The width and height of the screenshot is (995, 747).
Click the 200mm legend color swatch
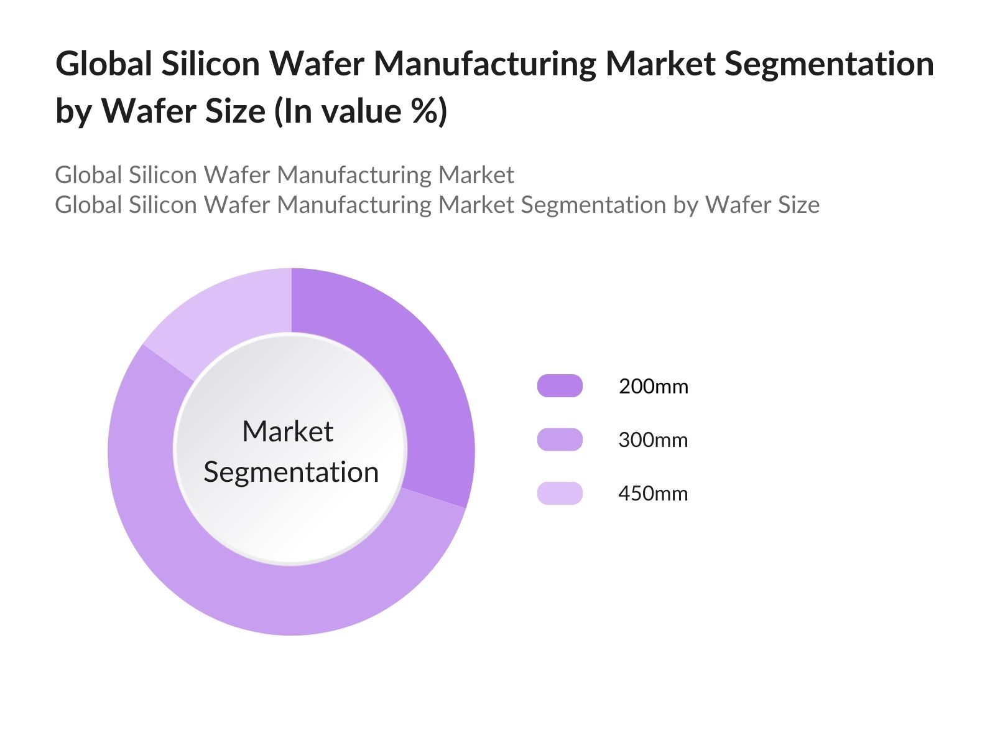(x=560, y=386)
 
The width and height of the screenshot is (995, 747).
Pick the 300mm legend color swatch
(x=560, y=439)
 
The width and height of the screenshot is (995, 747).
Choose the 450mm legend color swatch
(x=560, y=493)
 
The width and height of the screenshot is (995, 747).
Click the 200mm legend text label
(x=653, y=387)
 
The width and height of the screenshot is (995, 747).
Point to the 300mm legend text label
(x=653, y=440)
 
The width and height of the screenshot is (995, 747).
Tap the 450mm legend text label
(x=653, y=494)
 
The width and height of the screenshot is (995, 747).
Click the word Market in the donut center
(x=287, y=431)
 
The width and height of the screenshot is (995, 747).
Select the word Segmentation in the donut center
(x=291, y=472)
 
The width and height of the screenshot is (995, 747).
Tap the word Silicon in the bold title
(x=210, y=63)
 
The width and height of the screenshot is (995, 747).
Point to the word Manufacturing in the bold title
(x=484, y=63)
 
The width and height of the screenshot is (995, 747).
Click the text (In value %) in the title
(x=361, y=111)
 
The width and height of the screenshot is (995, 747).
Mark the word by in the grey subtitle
(x=686, y=205)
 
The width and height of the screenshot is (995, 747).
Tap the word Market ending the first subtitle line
(x=476, y=175)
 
